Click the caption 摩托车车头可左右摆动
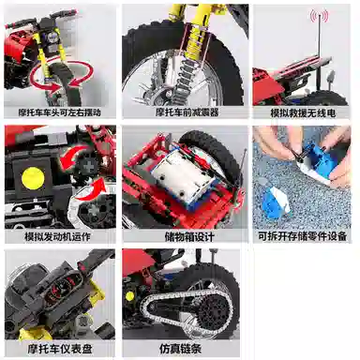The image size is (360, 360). click(x=59, y=112)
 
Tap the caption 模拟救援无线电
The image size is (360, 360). click(x=303, y=112)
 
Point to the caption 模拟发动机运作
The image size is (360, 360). click(x=57, y=236)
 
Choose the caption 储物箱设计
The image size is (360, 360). click(x=189, y=236)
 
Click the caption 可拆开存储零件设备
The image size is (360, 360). click(x=302, y=236)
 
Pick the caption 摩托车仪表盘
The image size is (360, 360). click(x=60, y=349)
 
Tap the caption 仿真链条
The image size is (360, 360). click(x=180, y=349)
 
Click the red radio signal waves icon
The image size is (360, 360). click(x=319, y=15)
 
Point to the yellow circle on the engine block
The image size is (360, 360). click(x=33, y=178)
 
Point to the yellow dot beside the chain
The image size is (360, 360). click(x=129, y=296)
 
